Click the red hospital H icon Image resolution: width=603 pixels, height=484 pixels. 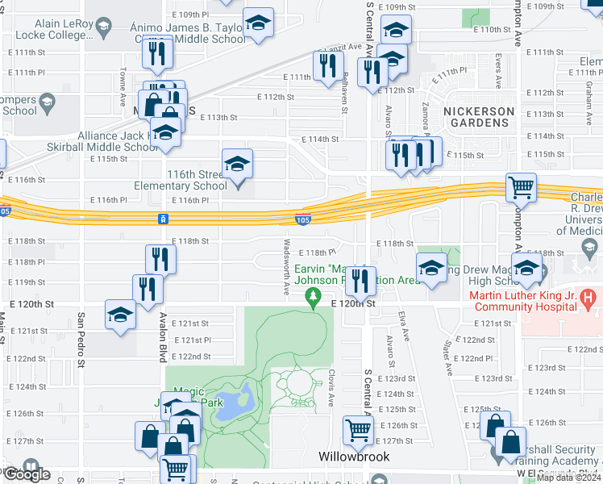(x=588, y=299)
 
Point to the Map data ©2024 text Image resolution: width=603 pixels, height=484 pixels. (x=568, y=478)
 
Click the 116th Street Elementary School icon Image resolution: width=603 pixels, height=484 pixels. (x=237, y=164)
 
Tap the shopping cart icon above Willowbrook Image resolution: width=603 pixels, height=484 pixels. (x=357, y=429)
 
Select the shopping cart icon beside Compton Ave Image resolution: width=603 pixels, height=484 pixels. (x=521, y=187)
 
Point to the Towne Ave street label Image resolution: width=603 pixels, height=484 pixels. (x=124, y=78)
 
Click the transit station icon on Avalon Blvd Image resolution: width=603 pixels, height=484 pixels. (x=164, y=219)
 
